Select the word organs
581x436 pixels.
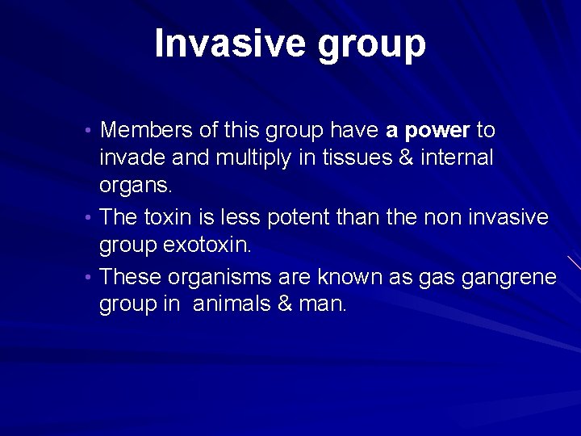(x=136, y=186)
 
